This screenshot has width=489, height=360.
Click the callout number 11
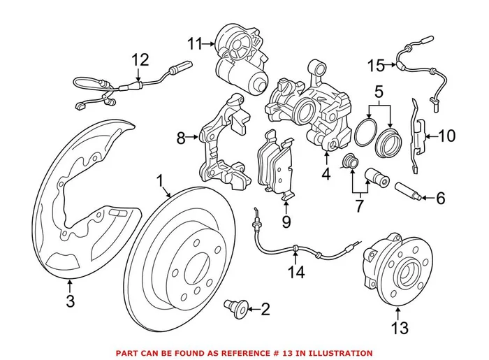194,44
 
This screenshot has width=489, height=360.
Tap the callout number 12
140,60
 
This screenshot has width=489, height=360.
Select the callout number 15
376,66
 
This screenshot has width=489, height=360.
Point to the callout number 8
182,138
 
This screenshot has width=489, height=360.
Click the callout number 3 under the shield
71,303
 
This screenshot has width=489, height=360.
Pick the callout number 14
298,273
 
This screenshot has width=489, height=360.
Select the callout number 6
440,199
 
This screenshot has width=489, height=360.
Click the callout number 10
446,136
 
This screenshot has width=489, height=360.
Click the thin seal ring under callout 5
364,134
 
